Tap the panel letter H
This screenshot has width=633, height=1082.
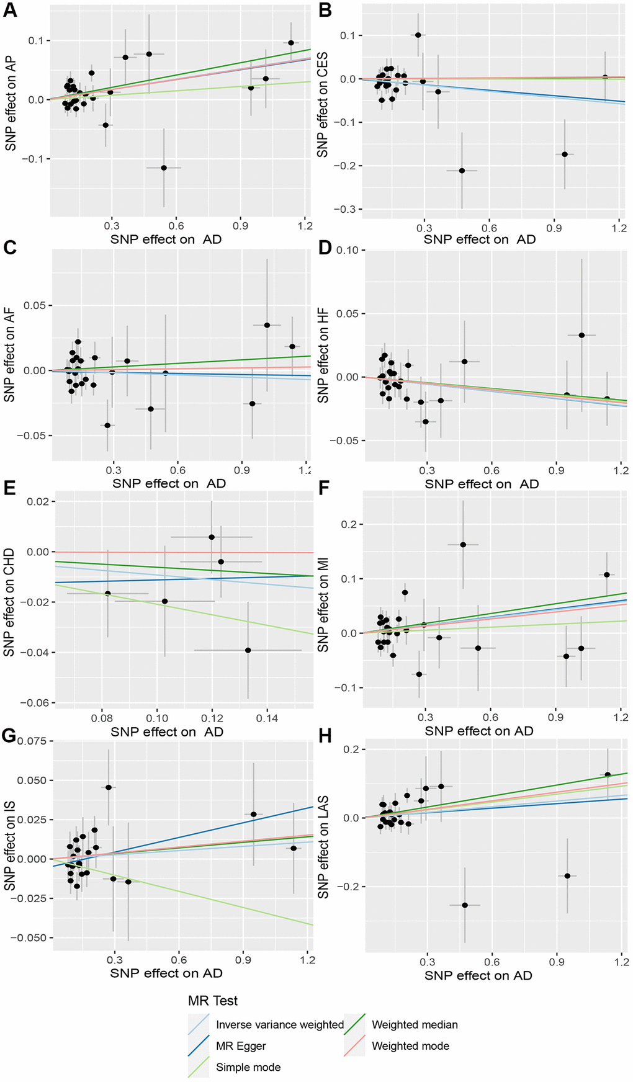coord(325,736)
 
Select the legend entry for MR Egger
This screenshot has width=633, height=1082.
coord(241,1046)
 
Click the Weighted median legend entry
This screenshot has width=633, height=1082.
coord(415,1025)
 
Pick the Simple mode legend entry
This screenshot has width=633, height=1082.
coord(248,1067)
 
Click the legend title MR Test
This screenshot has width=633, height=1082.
coord(213,1001)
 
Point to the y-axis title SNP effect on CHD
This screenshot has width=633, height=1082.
coord(9,602)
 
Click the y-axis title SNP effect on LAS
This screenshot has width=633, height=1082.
coord(323,847)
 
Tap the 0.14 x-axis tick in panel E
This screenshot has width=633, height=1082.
coord(267,718)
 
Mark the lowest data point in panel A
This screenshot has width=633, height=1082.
coord(164,168)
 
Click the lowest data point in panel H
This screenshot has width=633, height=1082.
coord(465,905)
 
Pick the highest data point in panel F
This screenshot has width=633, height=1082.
coord(463,545)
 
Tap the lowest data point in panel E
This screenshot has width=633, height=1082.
coord(248,650)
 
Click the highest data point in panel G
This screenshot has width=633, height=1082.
coord(109,787)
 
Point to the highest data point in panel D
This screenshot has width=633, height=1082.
coord(581,335)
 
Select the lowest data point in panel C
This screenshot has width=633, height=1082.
coord(107,425)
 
